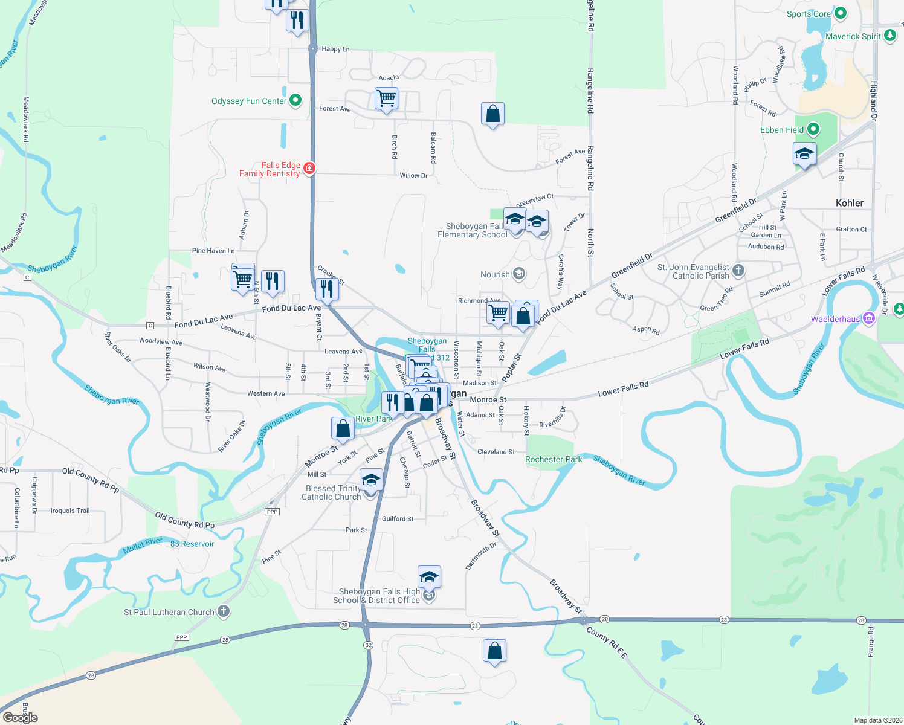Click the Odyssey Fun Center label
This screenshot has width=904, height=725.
[x=249, y=101]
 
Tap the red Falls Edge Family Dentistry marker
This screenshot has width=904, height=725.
[x=309, y=168]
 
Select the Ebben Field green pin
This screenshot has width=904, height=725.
[x=813, y=129]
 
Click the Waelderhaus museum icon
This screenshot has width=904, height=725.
[x=869, y=318]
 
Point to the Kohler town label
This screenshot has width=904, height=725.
[x=849, y=203]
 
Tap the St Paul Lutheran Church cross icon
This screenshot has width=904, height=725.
[x=224, y=611]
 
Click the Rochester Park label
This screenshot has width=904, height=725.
[x=554, y=459]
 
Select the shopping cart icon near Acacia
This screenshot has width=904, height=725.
[x=386, y=98]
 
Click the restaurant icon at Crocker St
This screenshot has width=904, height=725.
[x=327, y=289]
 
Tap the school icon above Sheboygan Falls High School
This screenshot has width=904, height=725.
[x=429, y=577]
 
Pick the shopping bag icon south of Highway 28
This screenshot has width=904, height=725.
[x=494, y=651]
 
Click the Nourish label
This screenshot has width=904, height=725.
[x=495, y=274]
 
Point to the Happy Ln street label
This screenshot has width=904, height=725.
[x=335, y=49]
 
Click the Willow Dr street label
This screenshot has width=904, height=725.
[x=413, y=175]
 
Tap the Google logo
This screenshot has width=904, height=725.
[x=21, y=717]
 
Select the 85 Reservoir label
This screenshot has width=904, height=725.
[x=192, y=544]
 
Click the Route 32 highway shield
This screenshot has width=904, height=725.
[x=369, y=645]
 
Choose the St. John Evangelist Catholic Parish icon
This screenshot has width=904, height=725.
[x=738, y=270]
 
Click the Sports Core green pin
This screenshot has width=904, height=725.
[x=840, y=13]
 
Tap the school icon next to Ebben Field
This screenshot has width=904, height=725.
[x=804, y=154]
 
